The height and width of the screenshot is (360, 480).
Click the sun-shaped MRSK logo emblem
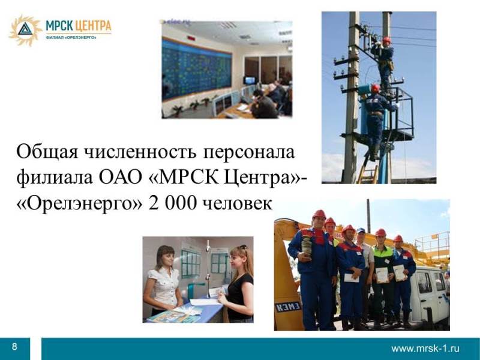coord(25,31)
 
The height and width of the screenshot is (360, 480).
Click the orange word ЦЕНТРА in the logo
coord(93,26)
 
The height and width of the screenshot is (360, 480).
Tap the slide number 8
coord(14,347)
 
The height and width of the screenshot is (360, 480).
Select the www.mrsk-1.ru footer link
coord(425,349)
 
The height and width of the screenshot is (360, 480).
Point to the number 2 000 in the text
coord(172,203)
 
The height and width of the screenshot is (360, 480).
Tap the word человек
coord(238,203)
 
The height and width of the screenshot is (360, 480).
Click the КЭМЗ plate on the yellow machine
coord(289,307)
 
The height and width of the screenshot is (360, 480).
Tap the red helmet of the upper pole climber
coord(386,40)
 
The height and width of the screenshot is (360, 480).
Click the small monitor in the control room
coord(250,80)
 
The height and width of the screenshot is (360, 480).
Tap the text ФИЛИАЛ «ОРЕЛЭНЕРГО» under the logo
coord(71,37)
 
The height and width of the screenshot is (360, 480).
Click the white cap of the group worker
coord(361,230)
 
